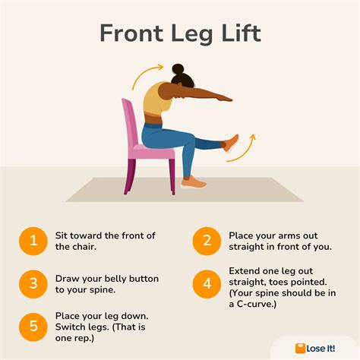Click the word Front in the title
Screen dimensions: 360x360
pyautogui.click(x=131, y=33)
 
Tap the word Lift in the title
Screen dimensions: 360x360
pyautogui.click(x=241, y=33)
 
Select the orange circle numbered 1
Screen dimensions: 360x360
pyautogui.click(x=33, y=241)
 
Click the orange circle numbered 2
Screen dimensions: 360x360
pyautogui.click(x=207, y=241)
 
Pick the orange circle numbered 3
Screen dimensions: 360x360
pyautogui.click(x=33, y=284)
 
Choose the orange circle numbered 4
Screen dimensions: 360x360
pyautogui.click(x=207, y=284)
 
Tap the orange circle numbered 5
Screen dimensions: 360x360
pyautogui.click(x=33, y=327)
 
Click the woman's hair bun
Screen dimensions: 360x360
pyautogui.click(x=178, y=69)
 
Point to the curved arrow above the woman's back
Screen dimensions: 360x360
pyautogui.click(x=145, y=74)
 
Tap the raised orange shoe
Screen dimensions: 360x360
pyautogui.click(x=230, y=144)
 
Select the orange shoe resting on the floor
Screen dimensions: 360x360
pyautogui.click(x=194, y=182)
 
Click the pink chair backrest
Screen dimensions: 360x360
pyautogui.click(x=131, y=123)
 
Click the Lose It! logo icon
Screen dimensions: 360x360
pyautogui.click(x=300, y=349)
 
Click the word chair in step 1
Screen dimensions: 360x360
pyautogui.click(x=85, y=246)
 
